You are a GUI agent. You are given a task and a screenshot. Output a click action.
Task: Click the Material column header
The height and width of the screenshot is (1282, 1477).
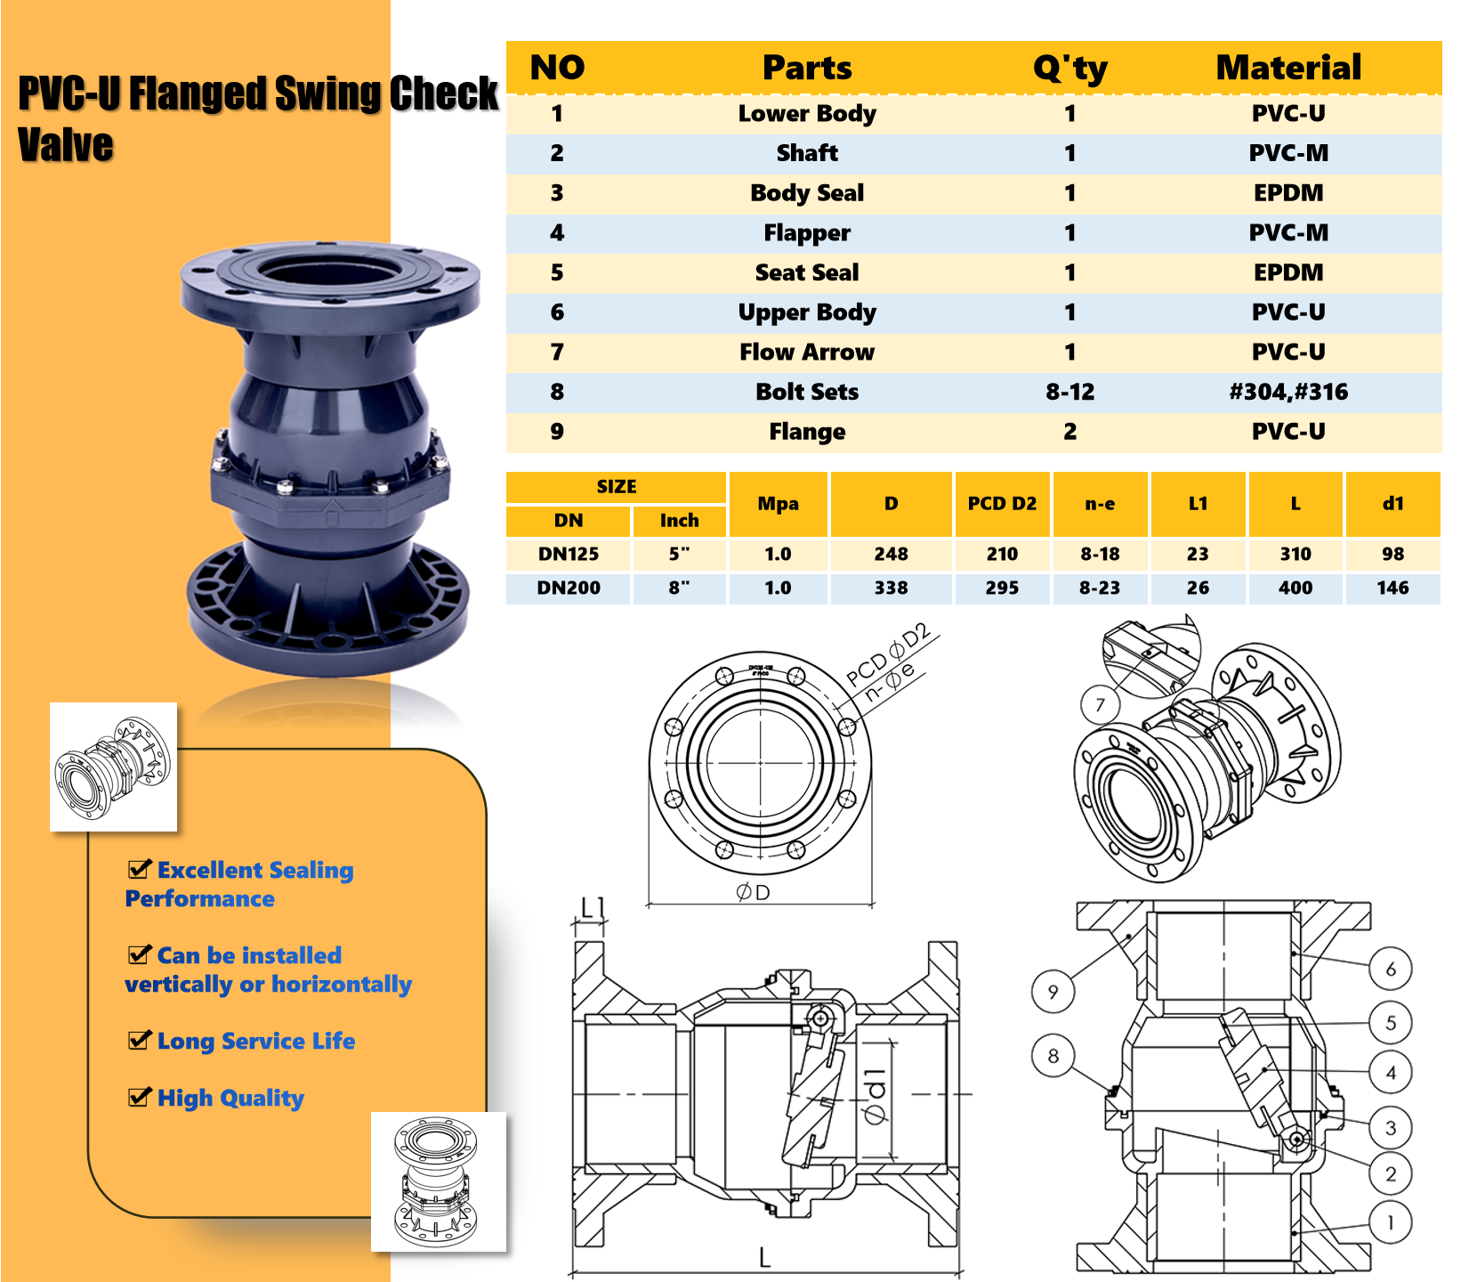tap(1287, 68)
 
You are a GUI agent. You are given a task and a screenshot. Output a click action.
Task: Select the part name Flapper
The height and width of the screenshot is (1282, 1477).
tap(807, 233)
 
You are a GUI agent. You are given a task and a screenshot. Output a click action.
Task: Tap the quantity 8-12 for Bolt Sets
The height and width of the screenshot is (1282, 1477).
tap(1069, 392)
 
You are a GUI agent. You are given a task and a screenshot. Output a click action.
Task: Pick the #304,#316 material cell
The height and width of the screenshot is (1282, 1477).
tap(1287, 392)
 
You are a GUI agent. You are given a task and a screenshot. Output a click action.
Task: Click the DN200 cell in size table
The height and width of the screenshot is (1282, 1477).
tap(569, 588)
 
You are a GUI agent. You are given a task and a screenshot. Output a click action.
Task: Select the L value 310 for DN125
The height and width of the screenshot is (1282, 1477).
tap(1295, 554)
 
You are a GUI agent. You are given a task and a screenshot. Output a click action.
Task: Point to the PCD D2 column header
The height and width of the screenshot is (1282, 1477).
tap(1002, 504)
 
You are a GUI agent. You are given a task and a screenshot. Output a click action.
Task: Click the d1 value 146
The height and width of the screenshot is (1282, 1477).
tap(1392, 588)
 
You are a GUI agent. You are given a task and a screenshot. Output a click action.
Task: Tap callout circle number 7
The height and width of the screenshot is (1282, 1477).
tap(1101, 705)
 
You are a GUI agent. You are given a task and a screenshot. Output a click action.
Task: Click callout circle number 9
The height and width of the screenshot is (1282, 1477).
tap(1053, 991)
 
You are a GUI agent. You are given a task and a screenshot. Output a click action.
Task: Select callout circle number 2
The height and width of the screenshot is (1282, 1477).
tap(1391, 1174)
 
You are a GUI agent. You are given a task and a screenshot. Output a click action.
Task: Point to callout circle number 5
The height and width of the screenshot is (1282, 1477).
tap(1391, 1023)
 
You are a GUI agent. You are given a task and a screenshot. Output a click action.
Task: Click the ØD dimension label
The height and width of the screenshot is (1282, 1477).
tap(753, 892)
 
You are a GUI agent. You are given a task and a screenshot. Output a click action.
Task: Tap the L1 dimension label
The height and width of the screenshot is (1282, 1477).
tap(593, 907)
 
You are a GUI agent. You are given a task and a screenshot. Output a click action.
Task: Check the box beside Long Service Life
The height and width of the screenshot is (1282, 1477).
tap(140, 1040)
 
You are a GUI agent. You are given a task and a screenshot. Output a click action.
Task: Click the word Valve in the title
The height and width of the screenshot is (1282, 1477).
tap(66, 145)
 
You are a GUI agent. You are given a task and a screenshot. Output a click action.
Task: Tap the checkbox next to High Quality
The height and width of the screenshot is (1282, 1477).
tap(140, 1097)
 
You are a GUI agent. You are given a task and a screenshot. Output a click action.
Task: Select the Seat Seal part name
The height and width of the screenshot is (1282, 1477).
tap(807, 272)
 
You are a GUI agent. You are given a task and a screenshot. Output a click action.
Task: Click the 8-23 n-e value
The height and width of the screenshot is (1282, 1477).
tap(1100, 588)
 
